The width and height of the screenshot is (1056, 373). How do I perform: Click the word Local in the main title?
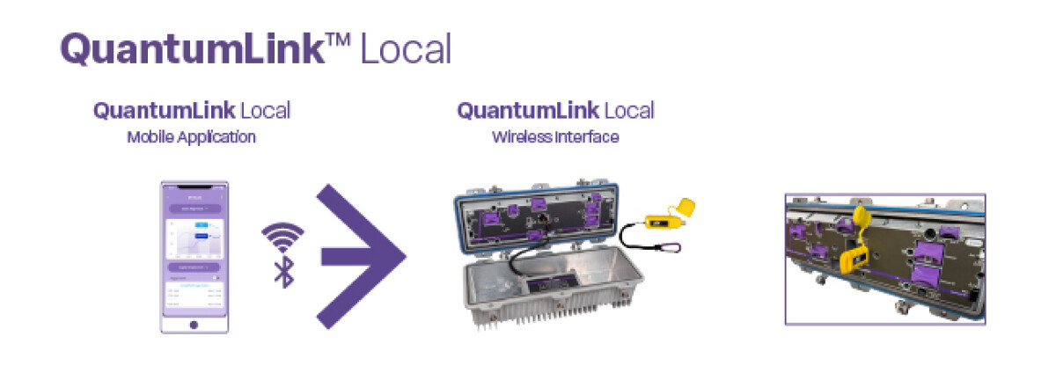click(406, 49)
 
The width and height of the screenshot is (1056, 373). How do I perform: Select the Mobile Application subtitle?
click(191, 137)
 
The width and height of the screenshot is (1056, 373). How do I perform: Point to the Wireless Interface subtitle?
click(555, 137)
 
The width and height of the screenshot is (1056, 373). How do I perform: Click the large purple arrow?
click(361, 256)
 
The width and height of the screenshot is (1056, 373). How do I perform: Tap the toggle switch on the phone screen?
click(216, 276)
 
